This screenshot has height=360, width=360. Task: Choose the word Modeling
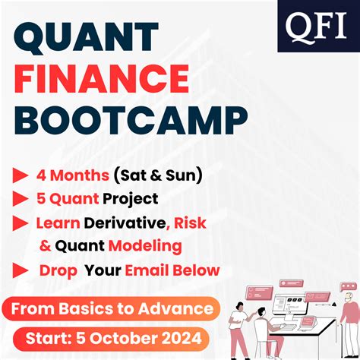tap(145, 246)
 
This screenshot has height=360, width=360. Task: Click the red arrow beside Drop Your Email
tap(21, 270)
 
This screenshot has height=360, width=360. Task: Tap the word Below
tap(200, 270)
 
